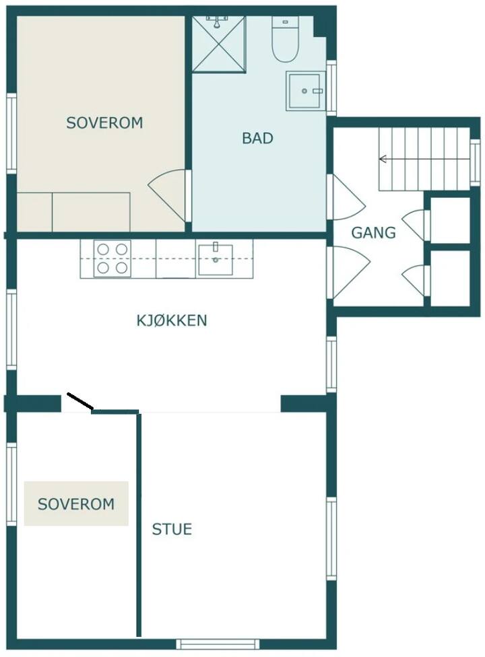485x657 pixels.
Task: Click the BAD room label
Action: pos(257,138)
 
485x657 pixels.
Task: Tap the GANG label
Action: pos(373,232)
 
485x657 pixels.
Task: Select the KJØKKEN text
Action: pos(172,320)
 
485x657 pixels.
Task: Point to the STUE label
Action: pos(172,529)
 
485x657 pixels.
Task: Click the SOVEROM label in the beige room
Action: pos(104,123)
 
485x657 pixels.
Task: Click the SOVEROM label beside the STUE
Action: pos(76,504)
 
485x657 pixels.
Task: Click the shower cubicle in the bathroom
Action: pos(218,44)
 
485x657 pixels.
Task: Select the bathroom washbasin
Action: pos(306,91)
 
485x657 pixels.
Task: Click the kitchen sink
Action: pos(216,260)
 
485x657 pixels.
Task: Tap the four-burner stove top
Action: pos(112,258)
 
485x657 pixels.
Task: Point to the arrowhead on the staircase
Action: pos(383,159)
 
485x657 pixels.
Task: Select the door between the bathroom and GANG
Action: pos(346,197)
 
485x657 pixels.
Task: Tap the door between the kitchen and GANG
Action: pos(348,273)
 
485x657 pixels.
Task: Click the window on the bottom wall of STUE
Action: pos(218,644)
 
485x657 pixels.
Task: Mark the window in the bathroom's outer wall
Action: pos(331,88)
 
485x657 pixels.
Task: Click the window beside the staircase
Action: pos(474,162)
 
